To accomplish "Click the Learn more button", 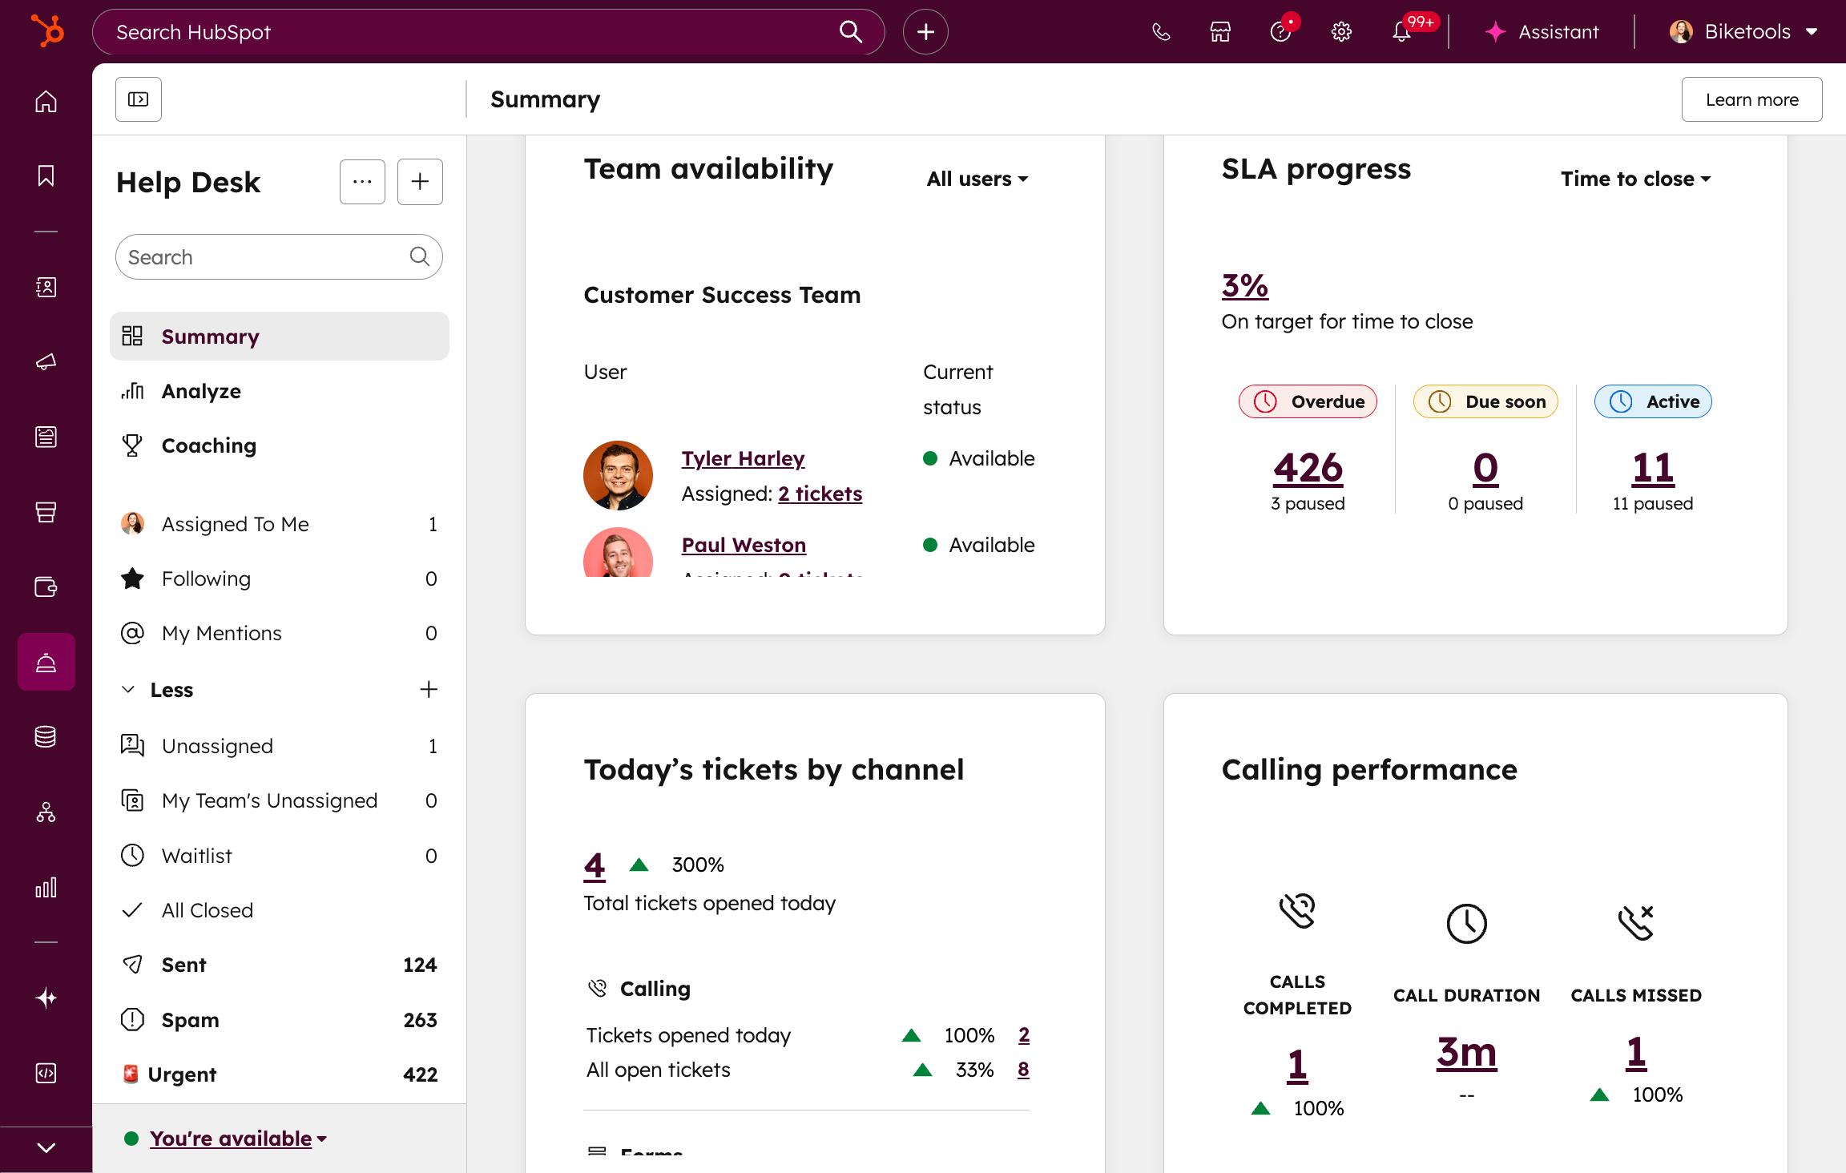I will [1751, 99].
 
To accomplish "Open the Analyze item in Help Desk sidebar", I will [201, 391].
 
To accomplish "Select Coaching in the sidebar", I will [208, 445].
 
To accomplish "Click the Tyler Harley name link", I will [743, 458].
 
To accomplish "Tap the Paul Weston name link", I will [744, 545].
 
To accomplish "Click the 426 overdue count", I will [1308, 468].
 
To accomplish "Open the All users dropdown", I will [977, 179].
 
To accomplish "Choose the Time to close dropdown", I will [1635, 179].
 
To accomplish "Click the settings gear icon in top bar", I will [1341, 32].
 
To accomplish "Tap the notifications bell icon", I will [1401, 32].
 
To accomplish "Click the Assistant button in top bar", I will [1542, 32].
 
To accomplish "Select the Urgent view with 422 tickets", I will [182, 1074].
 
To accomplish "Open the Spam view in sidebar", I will [190, 1020].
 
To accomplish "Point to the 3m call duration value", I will [1466, 1053].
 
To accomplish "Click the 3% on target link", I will [1244, 286].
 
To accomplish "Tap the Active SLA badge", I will [1652, 401].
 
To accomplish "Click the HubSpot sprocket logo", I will [46, 32].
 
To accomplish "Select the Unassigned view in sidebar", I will [217, 746].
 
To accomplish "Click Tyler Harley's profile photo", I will [618, 475].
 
